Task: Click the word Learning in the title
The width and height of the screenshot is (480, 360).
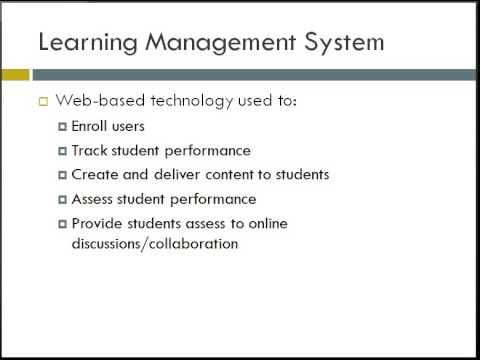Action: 88,43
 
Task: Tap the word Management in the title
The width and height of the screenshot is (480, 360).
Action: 221,43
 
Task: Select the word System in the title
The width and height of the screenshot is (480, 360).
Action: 344,43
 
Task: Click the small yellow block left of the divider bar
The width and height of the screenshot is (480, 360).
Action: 15,75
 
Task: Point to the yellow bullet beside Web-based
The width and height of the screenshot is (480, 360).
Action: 44,101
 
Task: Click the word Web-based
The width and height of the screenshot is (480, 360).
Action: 100,100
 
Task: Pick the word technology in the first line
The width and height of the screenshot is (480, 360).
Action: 192,101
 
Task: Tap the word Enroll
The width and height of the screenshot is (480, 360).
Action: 89,126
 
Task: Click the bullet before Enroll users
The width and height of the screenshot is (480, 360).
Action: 62,127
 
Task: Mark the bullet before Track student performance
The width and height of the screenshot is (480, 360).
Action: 62,151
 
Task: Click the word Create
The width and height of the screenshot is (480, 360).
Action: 95,175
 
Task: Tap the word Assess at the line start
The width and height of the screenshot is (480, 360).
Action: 92,199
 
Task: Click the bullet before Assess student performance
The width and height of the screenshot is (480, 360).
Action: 62,200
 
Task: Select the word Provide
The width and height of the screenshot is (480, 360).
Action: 97,223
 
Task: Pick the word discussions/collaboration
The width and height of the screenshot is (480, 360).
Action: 155,244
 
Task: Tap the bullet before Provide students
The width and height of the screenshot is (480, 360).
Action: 62,224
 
